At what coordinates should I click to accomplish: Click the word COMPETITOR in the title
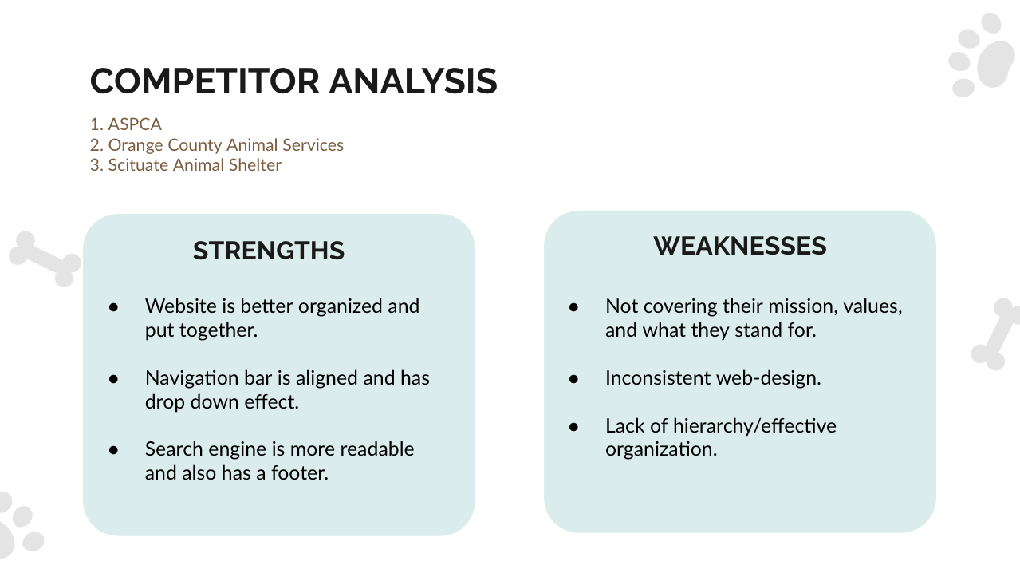tap(205, 81)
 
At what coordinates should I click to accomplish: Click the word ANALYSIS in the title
tap(413, 81)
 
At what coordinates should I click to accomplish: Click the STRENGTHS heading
tap(269, 251)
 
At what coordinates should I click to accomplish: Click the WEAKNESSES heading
tap(740, 246)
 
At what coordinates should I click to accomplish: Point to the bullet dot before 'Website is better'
tap(113, 308)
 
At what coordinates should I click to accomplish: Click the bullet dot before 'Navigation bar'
tap(113, 379)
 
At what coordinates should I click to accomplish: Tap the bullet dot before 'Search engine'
tap(113, 450)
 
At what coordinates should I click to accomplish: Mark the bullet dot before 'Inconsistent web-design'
tap(573, 379)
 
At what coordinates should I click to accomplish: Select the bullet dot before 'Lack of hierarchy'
tap(573, 427)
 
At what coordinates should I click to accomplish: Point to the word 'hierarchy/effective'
tap(754, 426)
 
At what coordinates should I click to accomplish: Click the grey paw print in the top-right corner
tap(983, 55)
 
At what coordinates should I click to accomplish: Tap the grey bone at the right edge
tap(996, 335)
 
